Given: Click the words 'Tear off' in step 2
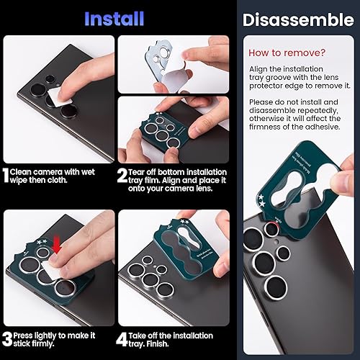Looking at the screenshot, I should (x=142, y=172).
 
